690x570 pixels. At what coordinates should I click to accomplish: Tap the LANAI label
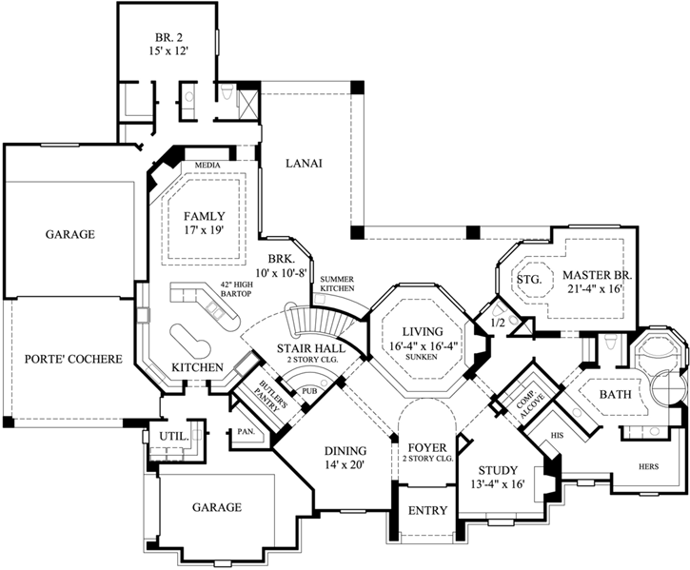pos(305,163)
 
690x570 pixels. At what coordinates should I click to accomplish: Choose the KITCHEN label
pos(197,366)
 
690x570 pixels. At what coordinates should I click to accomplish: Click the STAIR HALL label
pos(304,348)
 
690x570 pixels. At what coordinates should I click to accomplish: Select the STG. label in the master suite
pos(528,280)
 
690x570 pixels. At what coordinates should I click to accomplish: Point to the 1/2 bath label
pos(497,324)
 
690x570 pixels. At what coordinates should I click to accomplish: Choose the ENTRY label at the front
pos(427,511)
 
